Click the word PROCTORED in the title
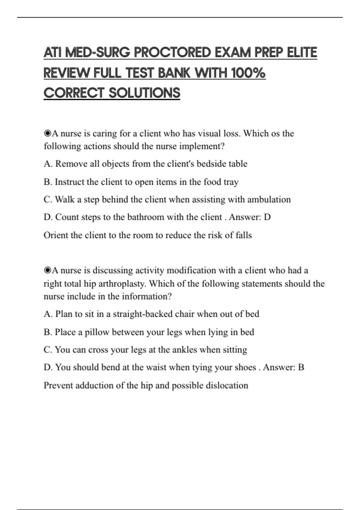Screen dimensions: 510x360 point(172,53)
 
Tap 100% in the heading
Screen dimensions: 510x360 point(249,73)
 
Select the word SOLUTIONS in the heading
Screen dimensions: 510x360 point(144,93)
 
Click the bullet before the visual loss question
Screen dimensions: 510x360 point(47,133)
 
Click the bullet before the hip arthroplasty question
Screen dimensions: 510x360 point(47,271)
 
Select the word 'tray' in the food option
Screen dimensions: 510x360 point(231,182)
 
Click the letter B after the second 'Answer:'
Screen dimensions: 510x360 point(301,367)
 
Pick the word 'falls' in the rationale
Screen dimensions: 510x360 point(244,235)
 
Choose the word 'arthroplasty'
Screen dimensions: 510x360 point(122,284)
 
